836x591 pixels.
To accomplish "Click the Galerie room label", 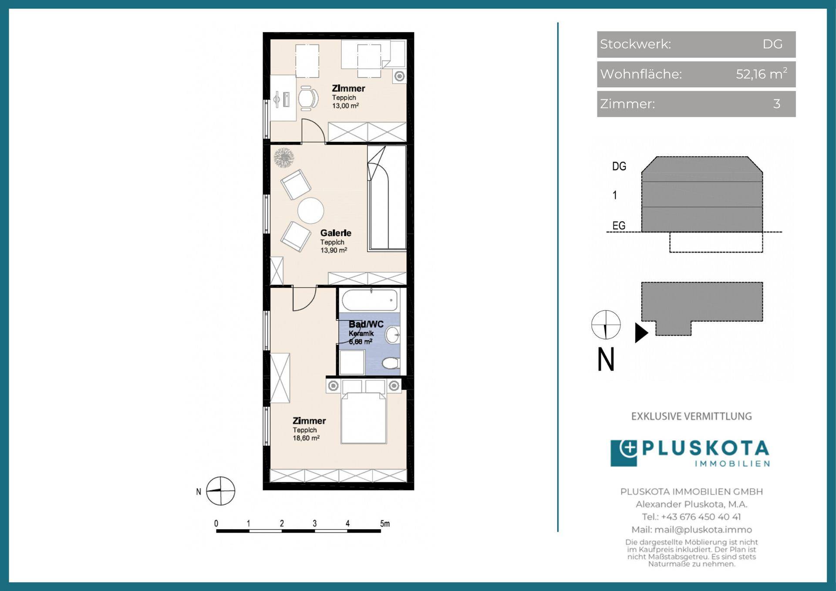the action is pyautogui.click(x=336, y=233).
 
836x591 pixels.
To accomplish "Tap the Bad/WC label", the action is pyautogui.click(x=366, y=324).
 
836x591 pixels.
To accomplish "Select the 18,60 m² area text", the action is pyautogui.click(x=306, y=438).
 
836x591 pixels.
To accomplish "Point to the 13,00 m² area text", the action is pyautogui.click(x=345, y=106).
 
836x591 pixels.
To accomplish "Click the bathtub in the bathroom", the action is pyautogui.click(x=370, y=300).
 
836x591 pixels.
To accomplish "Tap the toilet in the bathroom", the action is pyautogui.click(x=391, y=363).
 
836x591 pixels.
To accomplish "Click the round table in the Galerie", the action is pyautogui.click(x=311, y=211).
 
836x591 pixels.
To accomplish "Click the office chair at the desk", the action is pyautogui.click(x=308, y=98).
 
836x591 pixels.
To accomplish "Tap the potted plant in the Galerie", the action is pyautogui.click(x=284, y=158).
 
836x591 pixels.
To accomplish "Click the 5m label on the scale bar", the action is pyautogui.click(x=385, y=523).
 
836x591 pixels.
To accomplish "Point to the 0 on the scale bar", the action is pyautogui.click(x=216, y=523).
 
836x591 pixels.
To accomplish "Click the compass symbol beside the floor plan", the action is pyautogui.click(x=220, y=491).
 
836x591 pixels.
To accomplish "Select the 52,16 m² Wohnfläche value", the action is pyautogui.click(x=762, y=74).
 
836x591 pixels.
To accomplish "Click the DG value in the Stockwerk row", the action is pyautogui.click(x=772, y=44).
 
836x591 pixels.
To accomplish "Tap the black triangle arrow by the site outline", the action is pyautogui.click(x=641, y=333).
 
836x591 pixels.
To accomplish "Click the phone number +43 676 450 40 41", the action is pyautogui.click(x=701, y=517).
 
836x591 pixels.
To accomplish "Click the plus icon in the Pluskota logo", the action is pyautogui.click(x=628, y=448).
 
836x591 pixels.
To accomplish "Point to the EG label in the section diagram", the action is pyautogui.click(x=619, y=226).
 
